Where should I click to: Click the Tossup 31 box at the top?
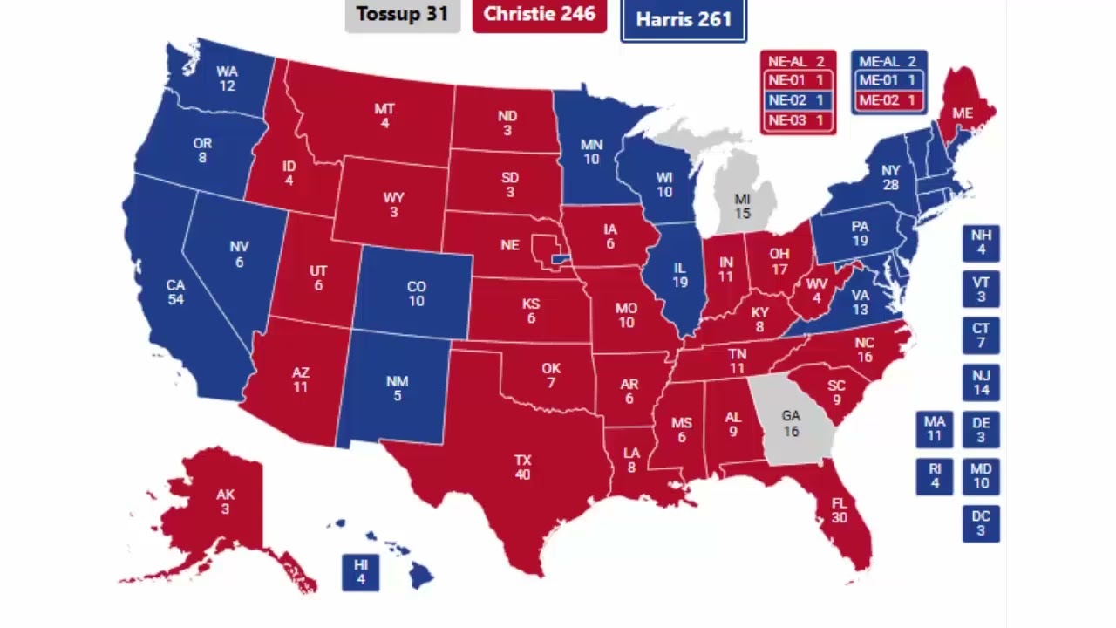[402, 15]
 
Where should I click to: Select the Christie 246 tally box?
[539, 15]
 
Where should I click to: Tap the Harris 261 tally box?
[684, 20]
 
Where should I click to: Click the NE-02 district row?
[798, 100]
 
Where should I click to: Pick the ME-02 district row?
[888, 100]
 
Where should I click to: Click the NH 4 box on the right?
[981, 243]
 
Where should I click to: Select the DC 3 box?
[981, 523]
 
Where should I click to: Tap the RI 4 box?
[935, 475]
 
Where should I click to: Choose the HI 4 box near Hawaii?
[361, 572]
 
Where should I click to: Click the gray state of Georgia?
[791, 423]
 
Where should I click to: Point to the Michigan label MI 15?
[742, 207]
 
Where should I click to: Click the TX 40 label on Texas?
[522, 468]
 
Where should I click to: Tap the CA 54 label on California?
[176, 292]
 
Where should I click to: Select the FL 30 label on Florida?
[839, 510]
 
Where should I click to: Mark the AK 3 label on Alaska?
[225, 502]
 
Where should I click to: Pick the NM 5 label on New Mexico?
[397, 388]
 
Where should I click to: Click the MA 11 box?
[935, 429]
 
